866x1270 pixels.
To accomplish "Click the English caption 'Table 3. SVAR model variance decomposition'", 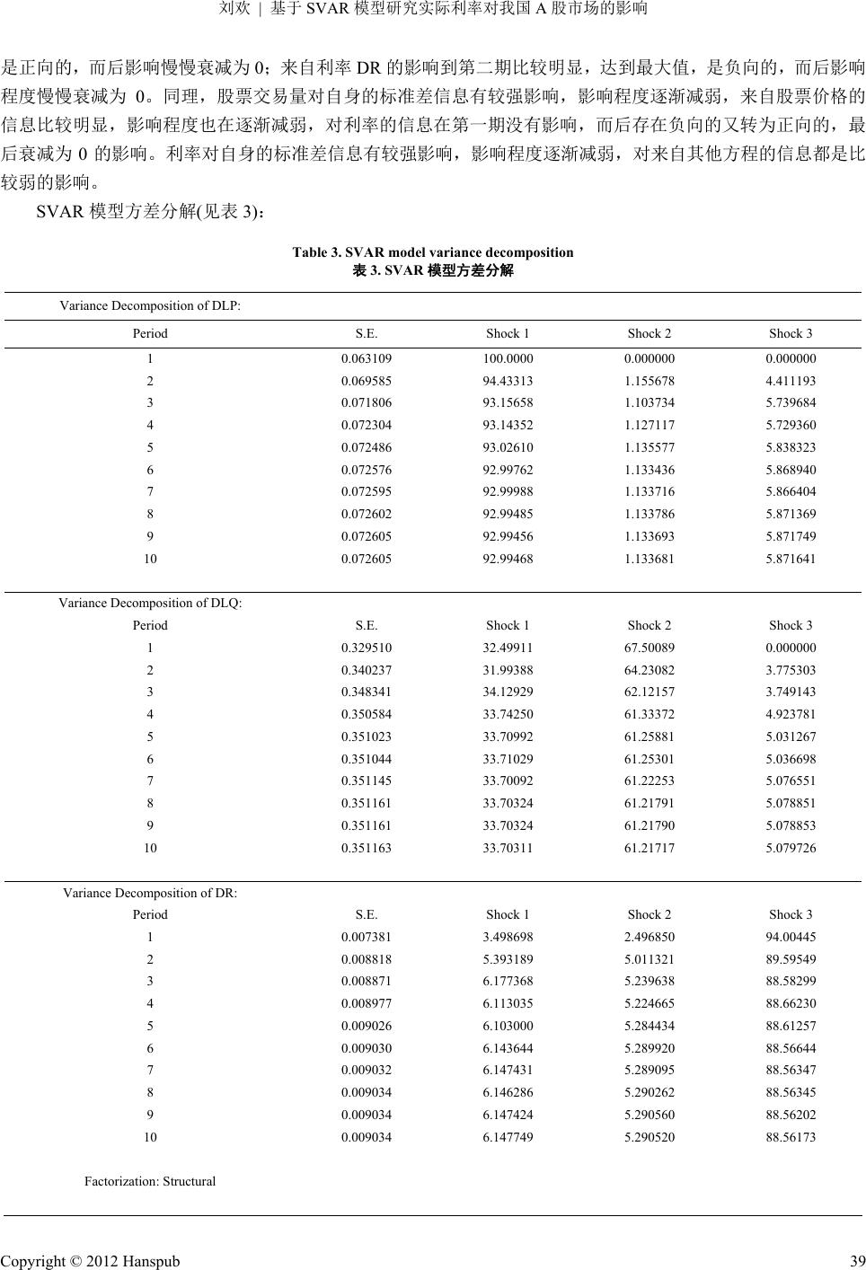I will click(x=432, y=252).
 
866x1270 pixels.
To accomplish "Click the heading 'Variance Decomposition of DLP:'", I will click(x=149, y=305).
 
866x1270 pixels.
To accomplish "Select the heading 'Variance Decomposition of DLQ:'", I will click(x=150, y=603).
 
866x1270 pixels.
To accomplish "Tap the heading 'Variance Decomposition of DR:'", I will click(x=150, y=893).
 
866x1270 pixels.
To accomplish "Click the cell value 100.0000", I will click(x=508, y=357).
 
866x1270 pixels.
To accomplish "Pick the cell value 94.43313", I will click(x=508, y=380).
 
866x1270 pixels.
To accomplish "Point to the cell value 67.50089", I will click(x=649, y=648).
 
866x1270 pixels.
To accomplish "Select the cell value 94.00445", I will click(x=791, y=937).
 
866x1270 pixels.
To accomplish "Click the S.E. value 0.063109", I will click(x=366, y=357).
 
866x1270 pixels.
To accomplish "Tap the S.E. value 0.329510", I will click(x=366, y=648).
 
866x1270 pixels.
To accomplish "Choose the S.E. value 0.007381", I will click(x=366, y=937).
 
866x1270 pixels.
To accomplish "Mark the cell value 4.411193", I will click(x=791, y=380).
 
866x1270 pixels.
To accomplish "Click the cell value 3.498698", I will click(x=508, y=937).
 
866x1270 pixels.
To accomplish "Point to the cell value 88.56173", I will click(x=791, y=1137).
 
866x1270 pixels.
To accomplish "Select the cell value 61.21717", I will click(x=649, y=848).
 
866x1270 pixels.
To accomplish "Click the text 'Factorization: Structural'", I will click(x=150, y=1181).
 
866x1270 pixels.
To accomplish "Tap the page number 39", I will click(x=857, y=1261).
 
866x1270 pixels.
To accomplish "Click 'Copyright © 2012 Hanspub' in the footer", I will click(x=91, y=1261).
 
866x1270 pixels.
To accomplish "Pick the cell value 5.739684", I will click(x=791, y=402).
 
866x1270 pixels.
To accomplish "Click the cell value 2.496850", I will click(x=649, y=937).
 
